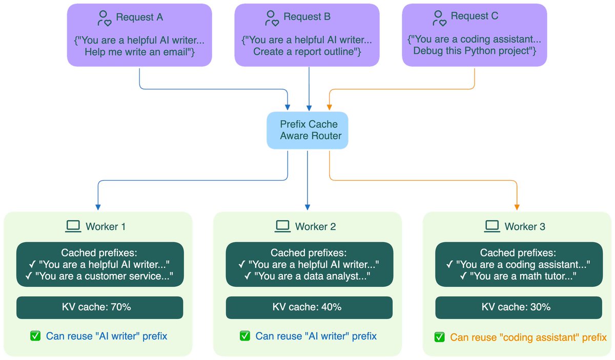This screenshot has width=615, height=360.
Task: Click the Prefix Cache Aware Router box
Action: tap(307, 130)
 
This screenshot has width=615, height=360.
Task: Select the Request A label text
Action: tap(139, 17)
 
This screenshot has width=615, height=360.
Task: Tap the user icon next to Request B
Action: tap(272, 18)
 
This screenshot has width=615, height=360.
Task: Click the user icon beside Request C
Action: tap(439, 18)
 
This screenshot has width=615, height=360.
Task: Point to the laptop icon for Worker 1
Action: tap(73, 226)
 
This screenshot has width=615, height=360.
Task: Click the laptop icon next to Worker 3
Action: tap(492, 226)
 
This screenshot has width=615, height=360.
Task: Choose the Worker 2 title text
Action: tap(315, 226)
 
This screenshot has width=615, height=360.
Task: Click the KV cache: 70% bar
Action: tap(100, 307)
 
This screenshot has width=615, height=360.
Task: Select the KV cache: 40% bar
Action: tap(309, 307)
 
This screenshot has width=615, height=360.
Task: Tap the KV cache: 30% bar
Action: tap(519, 307)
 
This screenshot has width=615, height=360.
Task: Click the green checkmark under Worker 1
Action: tap(35, 336)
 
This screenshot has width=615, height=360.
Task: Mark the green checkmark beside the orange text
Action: tap(439, 337)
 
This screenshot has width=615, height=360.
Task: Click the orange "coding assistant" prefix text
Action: tap(528, 337)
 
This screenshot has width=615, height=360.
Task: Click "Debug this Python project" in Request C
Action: tap(474, 51)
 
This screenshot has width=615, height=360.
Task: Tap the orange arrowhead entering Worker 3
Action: tap(517, 208)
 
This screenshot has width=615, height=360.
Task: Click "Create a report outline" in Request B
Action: tap(307, 51)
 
